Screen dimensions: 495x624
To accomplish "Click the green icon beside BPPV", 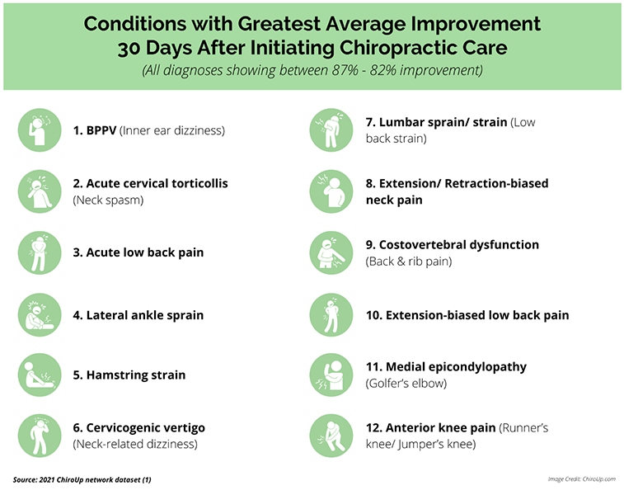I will (40, 130).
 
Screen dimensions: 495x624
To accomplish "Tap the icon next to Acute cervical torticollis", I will (40, 191).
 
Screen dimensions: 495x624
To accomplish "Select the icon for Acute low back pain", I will (40, 252).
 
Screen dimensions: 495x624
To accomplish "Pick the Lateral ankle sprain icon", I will (40, 314).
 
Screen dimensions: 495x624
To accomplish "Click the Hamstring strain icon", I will (40, 375).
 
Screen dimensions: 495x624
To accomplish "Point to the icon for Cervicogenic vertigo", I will (40, 436).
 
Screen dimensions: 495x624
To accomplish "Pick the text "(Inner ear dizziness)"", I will (173, 130).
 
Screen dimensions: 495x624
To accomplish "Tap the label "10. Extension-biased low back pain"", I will (467, 314).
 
